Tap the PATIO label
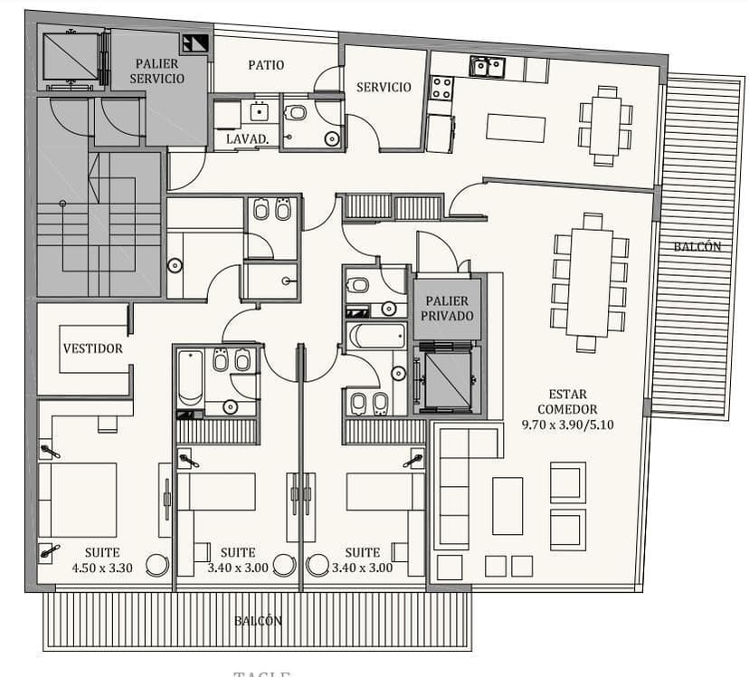(x=266, y=65)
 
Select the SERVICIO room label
(x=384, y=87)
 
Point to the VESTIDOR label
(x=92, y=348)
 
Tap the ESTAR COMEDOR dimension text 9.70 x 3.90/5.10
(x=567, y=424)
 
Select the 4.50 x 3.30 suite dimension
(x=102, y=568)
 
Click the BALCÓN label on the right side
(x=697, y=246)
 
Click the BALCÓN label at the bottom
(x=259, y=621)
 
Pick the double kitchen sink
(x=486, y=66)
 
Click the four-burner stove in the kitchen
(x=441, y=88)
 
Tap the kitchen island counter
(x=515, y=128)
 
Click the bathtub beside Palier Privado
(x=378, y=337)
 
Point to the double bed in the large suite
(x=80, y=501)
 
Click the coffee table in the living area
(x=507, y=506)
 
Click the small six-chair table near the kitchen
(x=605, y=125)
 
